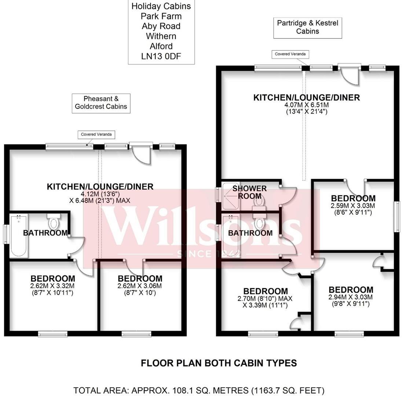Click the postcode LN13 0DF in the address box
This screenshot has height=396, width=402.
coord(161,56)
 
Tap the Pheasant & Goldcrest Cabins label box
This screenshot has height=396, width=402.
coord(101,103)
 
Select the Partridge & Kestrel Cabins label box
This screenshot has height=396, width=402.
coord(307,27)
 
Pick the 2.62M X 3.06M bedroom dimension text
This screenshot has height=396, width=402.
coord(140,286)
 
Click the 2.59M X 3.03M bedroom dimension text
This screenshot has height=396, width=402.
coord(353,206)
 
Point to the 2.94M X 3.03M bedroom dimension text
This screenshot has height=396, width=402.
coord(351,297)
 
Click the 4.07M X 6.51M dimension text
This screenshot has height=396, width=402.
coord(307,105)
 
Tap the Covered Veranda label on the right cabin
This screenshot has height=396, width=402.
coord(290,54)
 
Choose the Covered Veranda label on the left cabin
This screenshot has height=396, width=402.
coord(96,135)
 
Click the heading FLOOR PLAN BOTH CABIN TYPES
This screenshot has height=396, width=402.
coord(219,363)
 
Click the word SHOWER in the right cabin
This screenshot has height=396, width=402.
coord(250,188)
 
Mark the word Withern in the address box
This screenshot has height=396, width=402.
coord(161,36)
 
